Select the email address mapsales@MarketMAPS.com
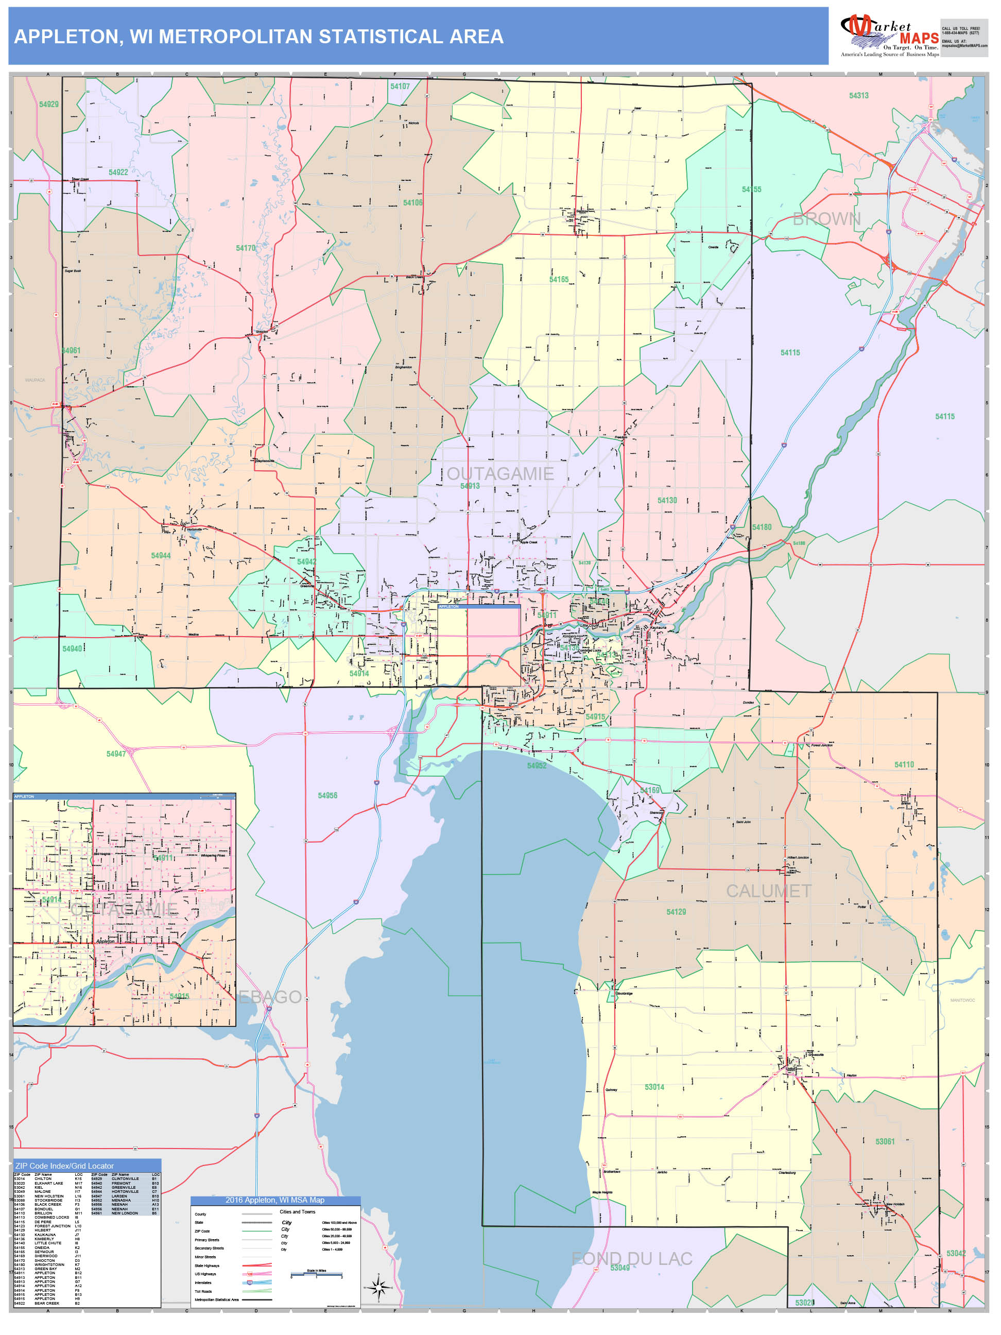pyautogui.click(x=964, y=46)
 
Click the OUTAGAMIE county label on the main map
pyautogui.click(x=499, y=474)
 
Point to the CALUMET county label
pyautogui.click(x=768, y=891)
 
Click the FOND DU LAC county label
pyautogui.click(x=631, y=1258)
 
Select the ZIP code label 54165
pyautogui.click(x=559, y=280)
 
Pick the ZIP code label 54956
pyautogui.click(x=327, y=795)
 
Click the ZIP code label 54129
pyautogui.click(x=676, y=912)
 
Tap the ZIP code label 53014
pyautogui.click(x=654, y=1087)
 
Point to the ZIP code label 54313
pyautogui.click(x=858, y=95)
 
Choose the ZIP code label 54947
pyautogui.click(x=116, y=754)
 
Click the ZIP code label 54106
pyautogui.click(x=413, y=203)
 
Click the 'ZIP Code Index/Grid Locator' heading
pyautogui.click(x=64, y=1166)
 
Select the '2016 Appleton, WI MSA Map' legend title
pyautogui.click(x=275, y=1201)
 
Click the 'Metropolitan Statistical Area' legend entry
pyautogui.click(x=217, y=1299)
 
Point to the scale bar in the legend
pyautogui.click(x=316, y=1275)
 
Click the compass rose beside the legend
pyautogui.click(x=379, y=1288)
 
